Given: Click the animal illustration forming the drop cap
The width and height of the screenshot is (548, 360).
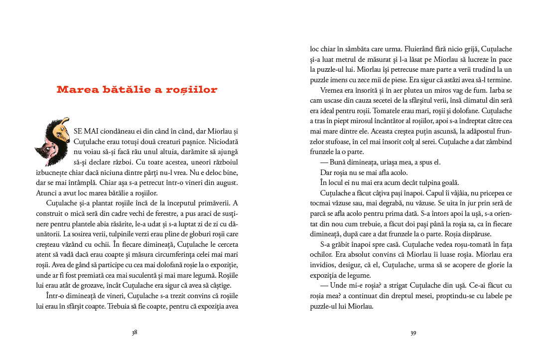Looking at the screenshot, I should tap(53, 142).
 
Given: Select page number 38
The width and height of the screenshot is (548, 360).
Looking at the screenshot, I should tap(135, 333).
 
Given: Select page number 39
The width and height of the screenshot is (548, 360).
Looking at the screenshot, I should tap(413, 333).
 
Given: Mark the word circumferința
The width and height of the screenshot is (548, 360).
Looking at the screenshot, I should tap(170, 255).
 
